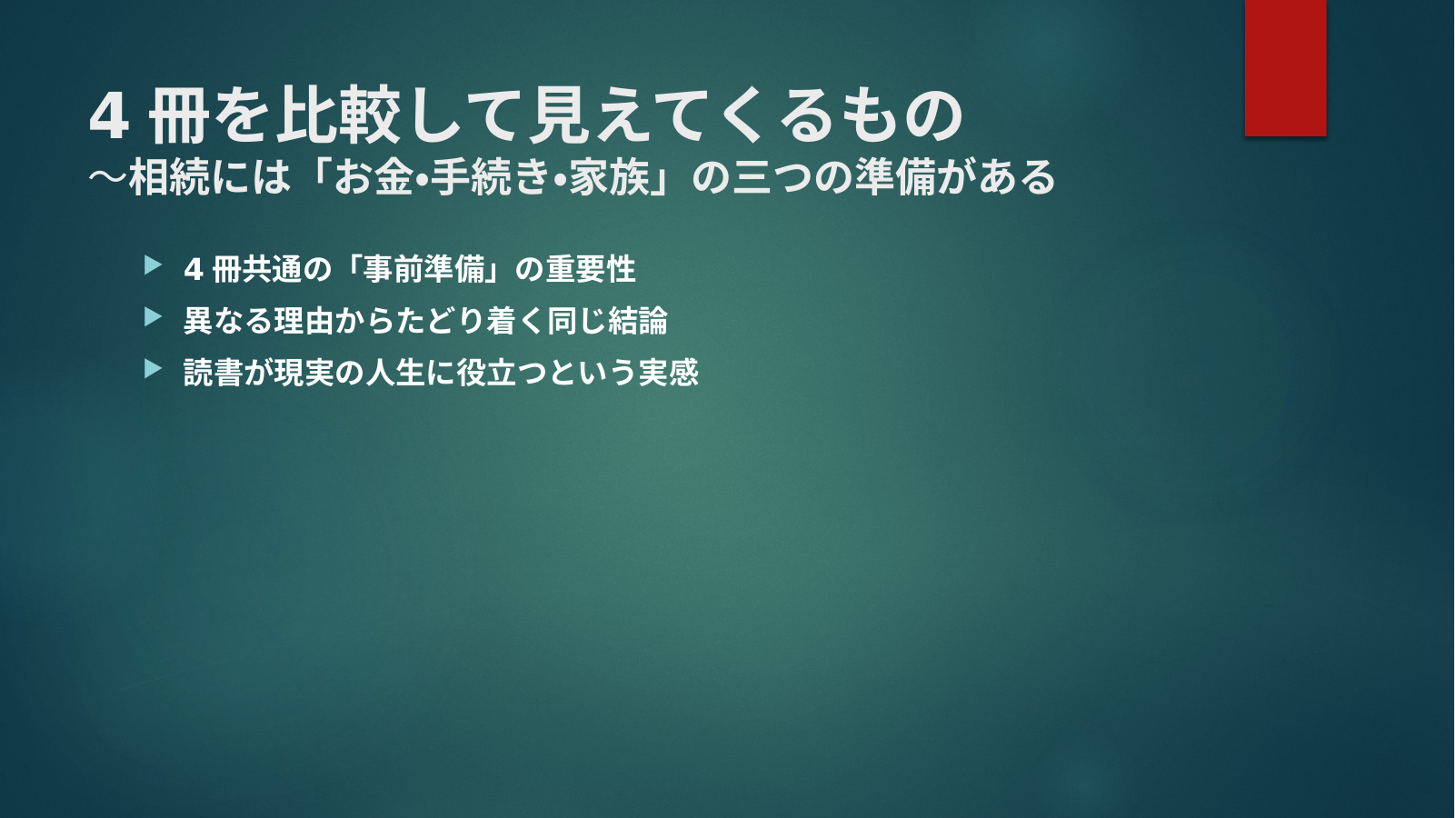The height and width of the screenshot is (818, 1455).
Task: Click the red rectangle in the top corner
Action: [x=1285, y=67]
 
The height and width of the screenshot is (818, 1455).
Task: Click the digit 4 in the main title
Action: [x=108, y=116]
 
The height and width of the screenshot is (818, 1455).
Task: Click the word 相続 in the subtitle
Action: [x=169, y=177]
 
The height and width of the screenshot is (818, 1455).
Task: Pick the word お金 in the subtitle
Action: [x=373, y=177]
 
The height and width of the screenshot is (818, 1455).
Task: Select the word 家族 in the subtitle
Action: [x=609, y=177]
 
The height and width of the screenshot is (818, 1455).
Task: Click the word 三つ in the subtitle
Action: [x=772, y=177]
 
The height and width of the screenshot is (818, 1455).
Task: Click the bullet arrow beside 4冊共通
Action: [x=153, y=265]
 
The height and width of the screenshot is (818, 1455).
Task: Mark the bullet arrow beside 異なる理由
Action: [x=153, y=317]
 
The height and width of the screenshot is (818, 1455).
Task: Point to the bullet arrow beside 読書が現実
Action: [x=153, y=369]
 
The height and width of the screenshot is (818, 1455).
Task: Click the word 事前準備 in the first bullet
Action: [x=424, y=269]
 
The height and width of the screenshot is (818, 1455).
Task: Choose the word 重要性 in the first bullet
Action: [x=591, y=269]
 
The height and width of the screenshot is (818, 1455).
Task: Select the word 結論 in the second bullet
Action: [x=638, y=321]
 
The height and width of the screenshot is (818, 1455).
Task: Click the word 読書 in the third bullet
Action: [x=213, y=373]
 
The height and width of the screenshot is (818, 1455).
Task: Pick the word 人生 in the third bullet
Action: [x=395, y=373]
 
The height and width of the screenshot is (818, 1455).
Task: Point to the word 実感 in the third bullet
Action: [x=668, y=373]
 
